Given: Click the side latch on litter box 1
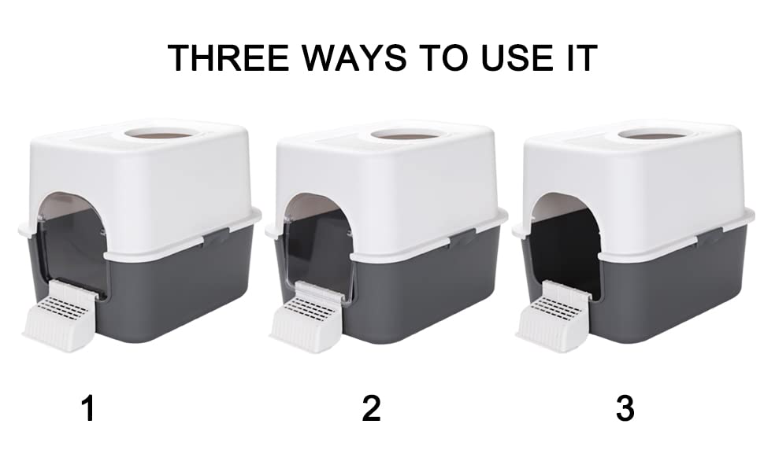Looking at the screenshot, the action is (x=216, y=237).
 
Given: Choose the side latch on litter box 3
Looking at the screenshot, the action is (x=710, y=237).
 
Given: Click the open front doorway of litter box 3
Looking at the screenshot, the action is (x=566, y=243).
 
